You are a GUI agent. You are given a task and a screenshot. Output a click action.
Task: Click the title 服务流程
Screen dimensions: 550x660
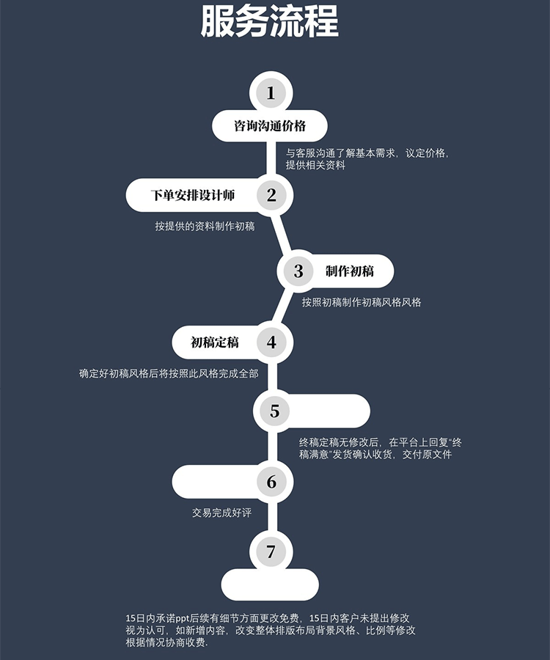tap(270, 23)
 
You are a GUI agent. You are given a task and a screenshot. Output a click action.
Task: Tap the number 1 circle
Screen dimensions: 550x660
tap(271, 93)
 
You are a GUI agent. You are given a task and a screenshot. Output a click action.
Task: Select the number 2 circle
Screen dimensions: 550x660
tap(271, 195)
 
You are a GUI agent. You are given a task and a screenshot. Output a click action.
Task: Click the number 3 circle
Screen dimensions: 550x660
tap(298, 271)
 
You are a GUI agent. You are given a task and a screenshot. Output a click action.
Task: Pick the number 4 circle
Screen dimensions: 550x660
tap(272, 342)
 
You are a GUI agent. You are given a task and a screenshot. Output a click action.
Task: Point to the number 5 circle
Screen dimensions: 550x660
tap(275, 411)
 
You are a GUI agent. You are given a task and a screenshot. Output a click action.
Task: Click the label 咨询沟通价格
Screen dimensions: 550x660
tap(270, 126)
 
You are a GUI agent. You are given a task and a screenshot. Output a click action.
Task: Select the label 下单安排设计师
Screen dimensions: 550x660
tap(193, 195)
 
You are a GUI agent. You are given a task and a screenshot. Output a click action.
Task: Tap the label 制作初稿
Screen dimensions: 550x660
tap(350, 271)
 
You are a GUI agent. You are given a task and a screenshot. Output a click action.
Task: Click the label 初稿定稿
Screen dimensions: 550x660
tap(215, 342)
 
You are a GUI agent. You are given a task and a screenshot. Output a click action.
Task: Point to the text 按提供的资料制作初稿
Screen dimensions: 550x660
tap(205, 227)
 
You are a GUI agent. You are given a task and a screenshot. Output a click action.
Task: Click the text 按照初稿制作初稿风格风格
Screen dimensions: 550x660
tap(362, 302)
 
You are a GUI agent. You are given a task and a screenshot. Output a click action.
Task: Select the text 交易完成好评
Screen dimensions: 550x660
tap(221, 513)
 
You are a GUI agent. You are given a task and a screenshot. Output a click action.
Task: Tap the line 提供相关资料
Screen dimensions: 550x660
tap(315, 166)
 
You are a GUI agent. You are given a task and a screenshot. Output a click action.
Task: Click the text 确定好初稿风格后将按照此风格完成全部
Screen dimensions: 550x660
tap(169, 374)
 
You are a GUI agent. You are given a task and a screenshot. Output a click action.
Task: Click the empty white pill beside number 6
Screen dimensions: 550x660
tap(213, 482)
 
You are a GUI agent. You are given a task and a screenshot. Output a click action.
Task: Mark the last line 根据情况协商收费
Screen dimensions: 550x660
tap(167, 643)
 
